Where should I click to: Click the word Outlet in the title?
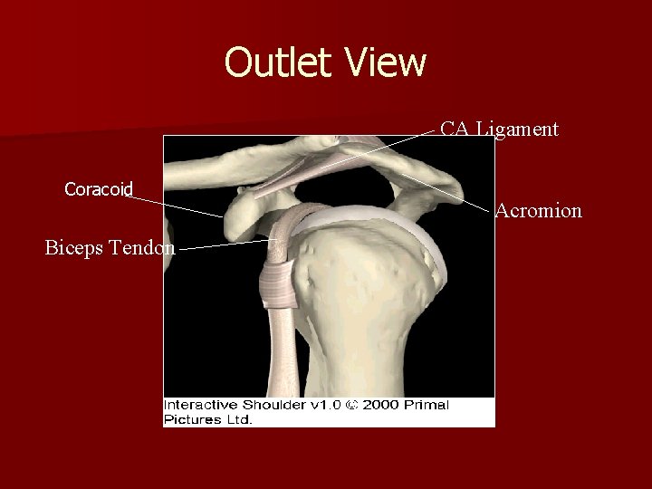coord(279,62)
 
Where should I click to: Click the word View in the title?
coord(385,62)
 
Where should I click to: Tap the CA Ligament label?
coord(499,129)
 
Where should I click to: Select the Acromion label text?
coord(538,211)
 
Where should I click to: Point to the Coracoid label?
coord(99,189)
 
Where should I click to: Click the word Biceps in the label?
coord(77,247)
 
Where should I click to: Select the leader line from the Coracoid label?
coord(177,206)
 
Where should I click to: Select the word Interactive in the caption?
coord(198,405)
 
